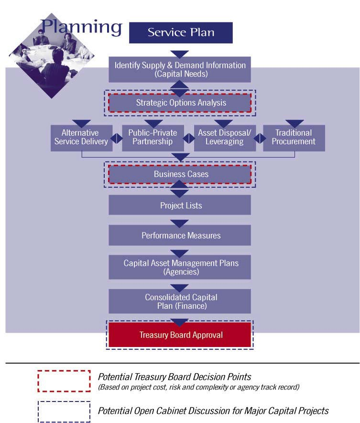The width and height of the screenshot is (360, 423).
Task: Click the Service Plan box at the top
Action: click(181, 33)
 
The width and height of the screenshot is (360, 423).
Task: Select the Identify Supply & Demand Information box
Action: click(180, 69)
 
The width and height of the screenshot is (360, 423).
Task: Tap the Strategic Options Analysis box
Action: click(180, 103)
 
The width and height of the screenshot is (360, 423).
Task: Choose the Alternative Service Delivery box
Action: click(81, 137)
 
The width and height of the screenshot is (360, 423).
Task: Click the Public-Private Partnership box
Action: click(153, 137)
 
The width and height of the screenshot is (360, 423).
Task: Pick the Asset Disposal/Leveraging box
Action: click(225, 137)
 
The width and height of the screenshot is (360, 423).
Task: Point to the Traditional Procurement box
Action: click(294, 137)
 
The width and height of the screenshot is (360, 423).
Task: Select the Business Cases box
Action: click(180, 174)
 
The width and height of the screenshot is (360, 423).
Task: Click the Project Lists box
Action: click(180, 206)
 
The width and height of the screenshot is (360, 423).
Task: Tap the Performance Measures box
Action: click(180, 236)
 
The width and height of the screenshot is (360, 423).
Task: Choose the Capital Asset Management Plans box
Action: click(180, 267)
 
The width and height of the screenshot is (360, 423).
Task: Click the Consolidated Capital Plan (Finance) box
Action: click(180, 301)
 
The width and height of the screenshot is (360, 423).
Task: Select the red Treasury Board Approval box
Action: click(180, 335)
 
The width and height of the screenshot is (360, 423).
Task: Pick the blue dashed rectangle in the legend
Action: click(64, 411)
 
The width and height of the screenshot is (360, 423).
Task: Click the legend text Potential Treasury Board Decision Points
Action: click(175, 377)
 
